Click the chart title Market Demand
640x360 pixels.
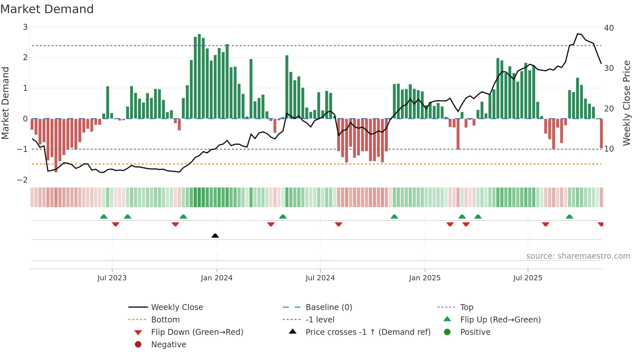point(47,9)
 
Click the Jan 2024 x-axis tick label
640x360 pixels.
point(216,278)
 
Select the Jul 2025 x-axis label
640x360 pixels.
point(527,278)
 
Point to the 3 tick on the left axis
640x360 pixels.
point(25,27)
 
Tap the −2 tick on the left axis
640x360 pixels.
point(23,180)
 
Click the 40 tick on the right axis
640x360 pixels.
point(609,28)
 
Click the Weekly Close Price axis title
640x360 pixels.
point(626,103)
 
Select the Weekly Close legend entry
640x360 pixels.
point(177,307)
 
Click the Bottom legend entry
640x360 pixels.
point(165,320)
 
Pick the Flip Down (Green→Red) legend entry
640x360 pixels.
point(197,332)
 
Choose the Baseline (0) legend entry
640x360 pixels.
point(328,307)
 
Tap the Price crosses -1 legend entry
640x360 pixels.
point(368,332)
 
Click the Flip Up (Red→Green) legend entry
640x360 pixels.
point(500,320)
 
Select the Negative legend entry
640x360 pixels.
point(168,345)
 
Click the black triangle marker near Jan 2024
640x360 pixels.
point(215,236)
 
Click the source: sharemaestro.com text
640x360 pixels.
point(578,256)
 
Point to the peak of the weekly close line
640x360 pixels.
point(578,34)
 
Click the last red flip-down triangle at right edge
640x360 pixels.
point(600,224)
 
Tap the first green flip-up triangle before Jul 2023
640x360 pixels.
point(104,217)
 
